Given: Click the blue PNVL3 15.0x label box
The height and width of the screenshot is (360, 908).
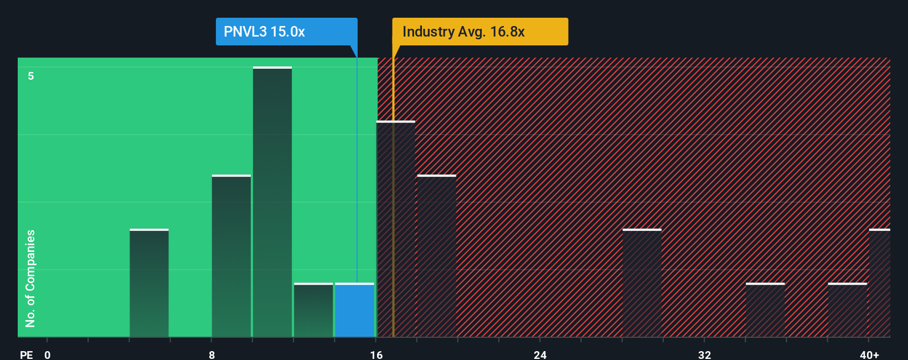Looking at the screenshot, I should (x=286, y=32).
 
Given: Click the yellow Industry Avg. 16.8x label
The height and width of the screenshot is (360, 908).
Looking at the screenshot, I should (x=479, y=32).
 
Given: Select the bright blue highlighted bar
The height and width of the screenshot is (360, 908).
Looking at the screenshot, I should (x=354, y=310).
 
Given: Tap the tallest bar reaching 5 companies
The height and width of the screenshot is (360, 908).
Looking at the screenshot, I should (x=272, y=202).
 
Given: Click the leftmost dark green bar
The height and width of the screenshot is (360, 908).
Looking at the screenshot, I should (x=149, y=283).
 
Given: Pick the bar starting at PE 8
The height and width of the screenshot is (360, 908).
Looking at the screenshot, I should (x=231, y=256).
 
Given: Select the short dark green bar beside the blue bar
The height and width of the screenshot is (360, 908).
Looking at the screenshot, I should (x=313, y=310).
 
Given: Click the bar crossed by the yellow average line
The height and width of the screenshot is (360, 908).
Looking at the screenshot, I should (x=395, y=229).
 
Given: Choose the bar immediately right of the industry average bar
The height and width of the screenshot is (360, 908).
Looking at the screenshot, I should (x=437, y=256).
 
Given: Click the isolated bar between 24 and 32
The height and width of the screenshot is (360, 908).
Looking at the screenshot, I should (x=642, y=283).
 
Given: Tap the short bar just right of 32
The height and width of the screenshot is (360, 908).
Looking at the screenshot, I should (x=765, y=310).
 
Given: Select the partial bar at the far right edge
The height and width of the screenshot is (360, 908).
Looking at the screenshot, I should (x=879, y=283).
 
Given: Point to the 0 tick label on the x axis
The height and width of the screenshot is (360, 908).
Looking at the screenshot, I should (x=48, y=354).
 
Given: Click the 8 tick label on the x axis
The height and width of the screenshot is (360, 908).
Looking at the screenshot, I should (x=212, y=354).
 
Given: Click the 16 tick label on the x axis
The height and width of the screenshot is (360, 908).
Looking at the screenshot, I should (x=376, y=354).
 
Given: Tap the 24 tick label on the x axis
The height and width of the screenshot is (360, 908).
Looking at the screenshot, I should (x=540, y=354).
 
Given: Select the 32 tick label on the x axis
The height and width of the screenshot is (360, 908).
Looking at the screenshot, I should (x=704, y=354).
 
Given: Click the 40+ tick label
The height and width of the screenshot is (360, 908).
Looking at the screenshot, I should (x=869, y=354).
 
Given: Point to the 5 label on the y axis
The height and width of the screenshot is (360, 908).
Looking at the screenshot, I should (x=31, y=76).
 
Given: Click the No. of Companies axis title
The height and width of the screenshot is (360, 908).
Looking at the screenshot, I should (x=30, y=278).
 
